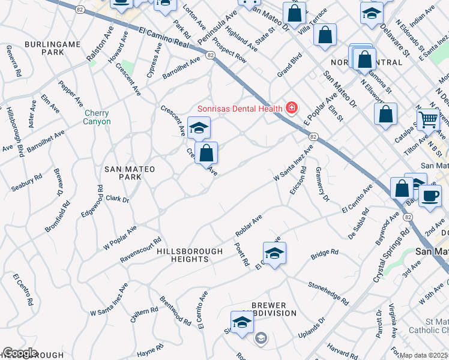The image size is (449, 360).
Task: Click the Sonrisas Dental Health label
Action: click(240, 109)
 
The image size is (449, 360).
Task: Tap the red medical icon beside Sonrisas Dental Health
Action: click(292, 108)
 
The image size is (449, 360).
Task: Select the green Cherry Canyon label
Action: click(97, 117)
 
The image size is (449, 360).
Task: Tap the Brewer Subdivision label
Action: click(269, 309)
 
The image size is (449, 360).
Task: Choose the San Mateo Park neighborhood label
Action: click(130, 174)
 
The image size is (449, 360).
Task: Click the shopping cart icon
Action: click(427, 120)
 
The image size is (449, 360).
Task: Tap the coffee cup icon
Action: click(429, 196)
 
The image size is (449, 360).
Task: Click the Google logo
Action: click(20, 353)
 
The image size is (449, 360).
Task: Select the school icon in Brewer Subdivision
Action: click(243, 322)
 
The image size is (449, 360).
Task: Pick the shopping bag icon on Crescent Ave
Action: click(206, 153)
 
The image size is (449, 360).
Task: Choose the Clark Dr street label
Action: click(117, 199)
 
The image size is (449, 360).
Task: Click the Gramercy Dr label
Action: click(322, 184)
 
